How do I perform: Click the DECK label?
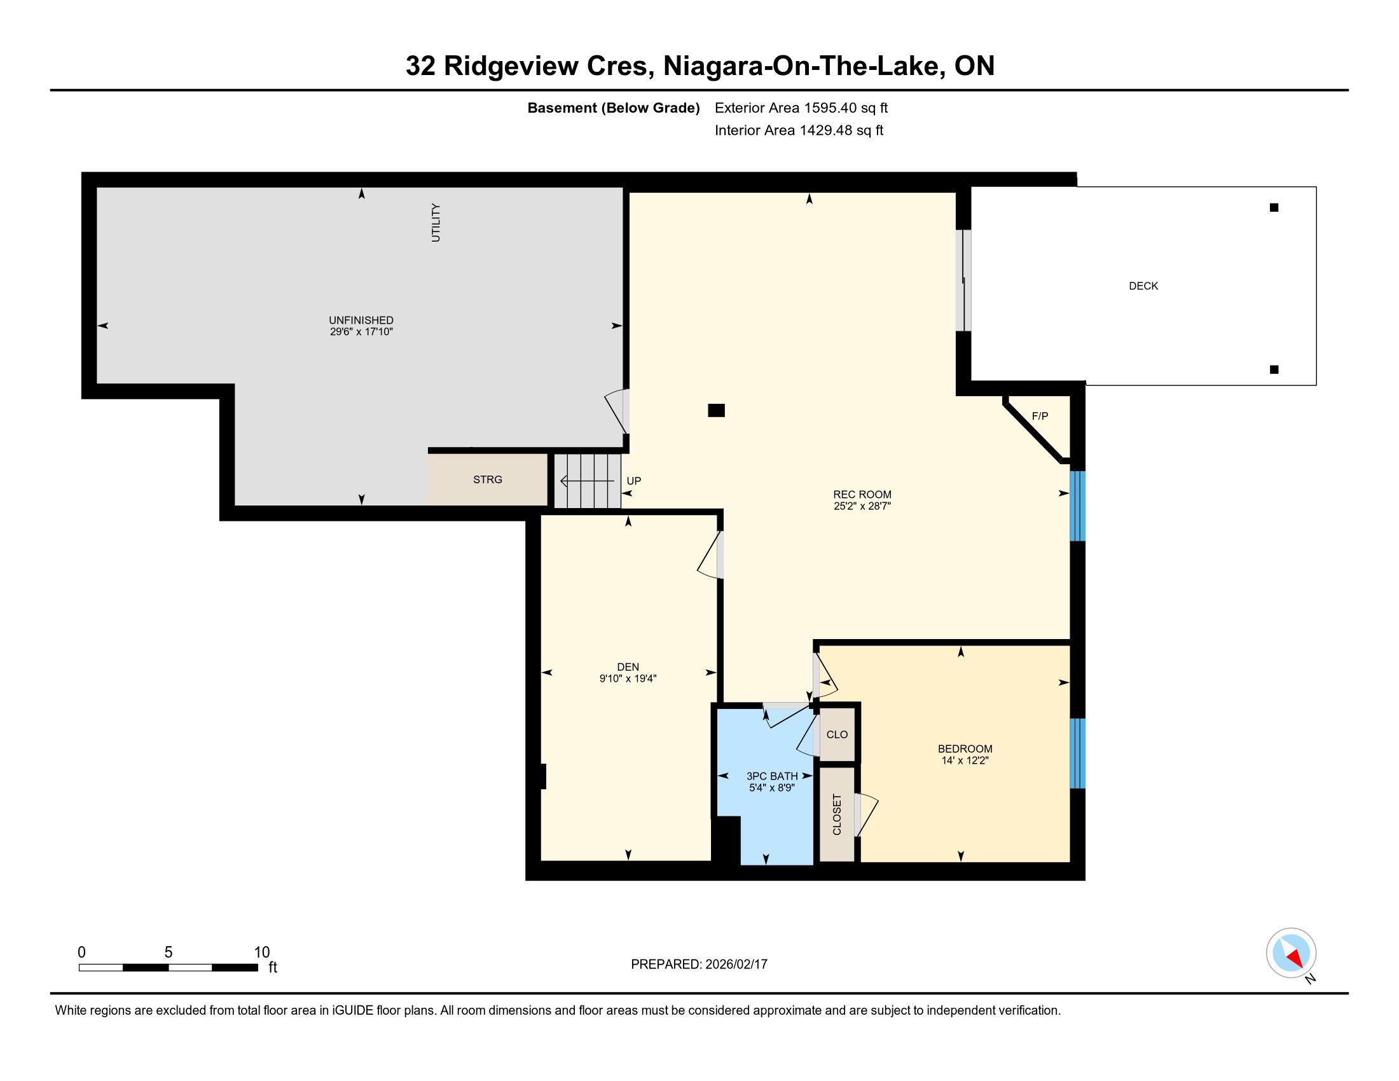pos(1143,286)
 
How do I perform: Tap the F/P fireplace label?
pos(1040,417)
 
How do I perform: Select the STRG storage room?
pos(488,479)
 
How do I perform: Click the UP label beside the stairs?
pos(633,481)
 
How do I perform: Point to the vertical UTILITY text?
pos(436,222)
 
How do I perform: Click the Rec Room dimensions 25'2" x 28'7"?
pos(862,506)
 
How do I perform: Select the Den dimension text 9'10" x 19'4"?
pos(628,679)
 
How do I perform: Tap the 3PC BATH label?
pos(772,776)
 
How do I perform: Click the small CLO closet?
pos(837,734)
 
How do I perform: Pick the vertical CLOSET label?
pos(837,815)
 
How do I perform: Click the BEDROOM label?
pos(965,748)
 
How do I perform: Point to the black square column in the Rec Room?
pos(716,411)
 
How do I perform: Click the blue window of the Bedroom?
pos(1078,753)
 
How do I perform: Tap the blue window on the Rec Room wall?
pos(1078,506)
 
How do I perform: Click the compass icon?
pos(1291,953)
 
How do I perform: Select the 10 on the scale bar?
pos(262,952)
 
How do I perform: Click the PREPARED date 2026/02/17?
pos(735,965)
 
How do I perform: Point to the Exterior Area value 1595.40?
pos(830,108)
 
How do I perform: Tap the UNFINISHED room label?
pos(361,320)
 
